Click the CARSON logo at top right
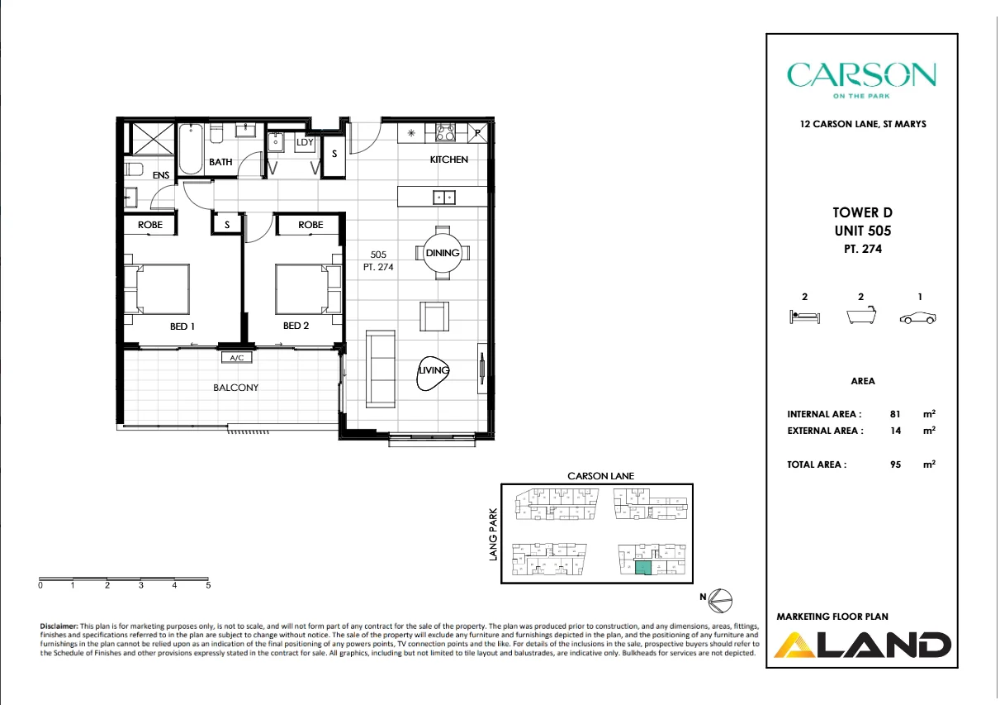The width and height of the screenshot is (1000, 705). pos(861,75)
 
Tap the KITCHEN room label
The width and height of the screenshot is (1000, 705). pos(448,160)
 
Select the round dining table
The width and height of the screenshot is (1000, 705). pos(443,253)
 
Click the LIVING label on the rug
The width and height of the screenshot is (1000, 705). pos(434,370)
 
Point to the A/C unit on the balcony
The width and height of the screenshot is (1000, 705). pos(237,358)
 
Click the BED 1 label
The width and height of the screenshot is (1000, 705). pos(182,326)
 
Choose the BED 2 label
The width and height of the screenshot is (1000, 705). pos(296,326)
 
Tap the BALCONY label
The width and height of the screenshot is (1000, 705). pos(236,388)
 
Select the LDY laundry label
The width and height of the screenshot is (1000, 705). pos(305,142)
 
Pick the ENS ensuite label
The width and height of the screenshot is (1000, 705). pos(160,175)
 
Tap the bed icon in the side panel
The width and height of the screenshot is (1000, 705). pos(804,317)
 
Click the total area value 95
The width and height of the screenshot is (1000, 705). pos(893,464)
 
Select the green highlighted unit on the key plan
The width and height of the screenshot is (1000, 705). pos(642,568)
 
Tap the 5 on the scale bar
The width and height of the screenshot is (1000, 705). pos(208,585)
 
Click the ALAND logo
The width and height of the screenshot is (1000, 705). pos(863,644)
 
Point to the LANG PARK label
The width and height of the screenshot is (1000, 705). pos(494,535)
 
